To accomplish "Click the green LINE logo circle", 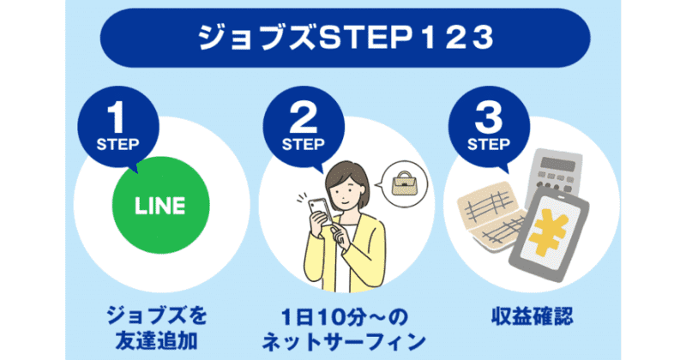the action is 161,205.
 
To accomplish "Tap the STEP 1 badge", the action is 118,127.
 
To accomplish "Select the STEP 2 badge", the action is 304,127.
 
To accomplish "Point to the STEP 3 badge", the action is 489,127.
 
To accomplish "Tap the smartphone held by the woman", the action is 321,211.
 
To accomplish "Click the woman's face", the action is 345,191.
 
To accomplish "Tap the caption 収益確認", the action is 532,316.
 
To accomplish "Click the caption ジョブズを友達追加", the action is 157,328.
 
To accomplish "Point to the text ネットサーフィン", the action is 344,342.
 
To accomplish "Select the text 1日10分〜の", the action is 344,316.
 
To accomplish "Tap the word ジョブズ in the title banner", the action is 256,37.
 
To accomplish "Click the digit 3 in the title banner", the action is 483,38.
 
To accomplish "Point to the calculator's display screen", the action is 557,165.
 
